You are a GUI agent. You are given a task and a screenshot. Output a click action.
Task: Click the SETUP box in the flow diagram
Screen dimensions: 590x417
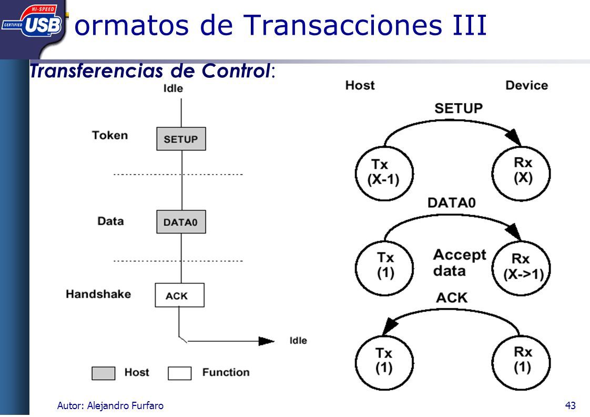[x=181, y=139]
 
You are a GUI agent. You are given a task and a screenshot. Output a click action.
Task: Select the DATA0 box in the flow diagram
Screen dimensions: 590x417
[x=181, y=222]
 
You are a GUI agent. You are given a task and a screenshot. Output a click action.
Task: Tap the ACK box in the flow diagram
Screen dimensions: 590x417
[x=179, y=295]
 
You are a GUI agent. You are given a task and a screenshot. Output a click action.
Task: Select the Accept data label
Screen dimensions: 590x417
[x=460, y=263]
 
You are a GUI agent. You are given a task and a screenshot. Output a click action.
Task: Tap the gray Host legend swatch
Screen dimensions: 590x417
[x=104, y=373]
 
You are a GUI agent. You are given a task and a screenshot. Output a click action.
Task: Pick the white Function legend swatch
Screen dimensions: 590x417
[x=179, y=373]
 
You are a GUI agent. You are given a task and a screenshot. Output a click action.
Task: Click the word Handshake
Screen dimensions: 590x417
[x=98, y=294]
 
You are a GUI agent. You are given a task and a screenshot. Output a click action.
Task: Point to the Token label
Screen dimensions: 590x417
[x=110, y=135]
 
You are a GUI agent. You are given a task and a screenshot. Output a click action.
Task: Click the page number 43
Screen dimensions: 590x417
[x=570, y=405]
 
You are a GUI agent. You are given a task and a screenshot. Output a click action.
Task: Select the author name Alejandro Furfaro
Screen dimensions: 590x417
[x=125, y=405]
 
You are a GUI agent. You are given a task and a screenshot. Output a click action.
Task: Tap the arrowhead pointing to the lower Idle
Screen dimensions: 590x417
[x=267, y=341]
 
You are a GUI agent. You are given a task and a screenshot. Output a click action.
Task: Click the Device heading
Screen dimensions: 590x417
[x=526, y=85]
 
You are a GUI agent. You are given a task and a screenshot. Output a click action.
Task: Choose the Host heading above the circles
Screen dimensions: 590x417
[x=360, y=85]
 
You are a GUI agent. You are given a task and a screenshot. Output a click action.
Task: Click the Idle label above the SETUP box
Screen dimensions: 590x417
[x=173, y=88]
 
